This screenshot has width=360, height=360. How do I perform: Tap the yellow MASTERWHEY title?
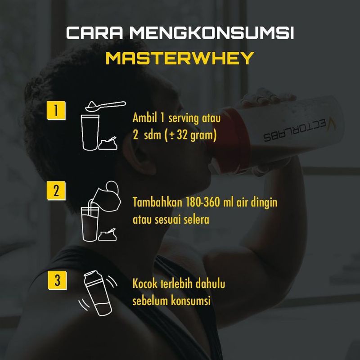pos(180,59)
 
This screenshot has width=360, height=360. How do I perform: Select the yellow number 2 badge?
pos(56,191)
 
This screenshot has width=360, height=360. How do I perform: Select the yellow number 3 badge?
pos(56,281)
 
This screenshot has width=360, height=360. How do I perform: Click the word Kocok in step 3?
pos(144,285)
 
